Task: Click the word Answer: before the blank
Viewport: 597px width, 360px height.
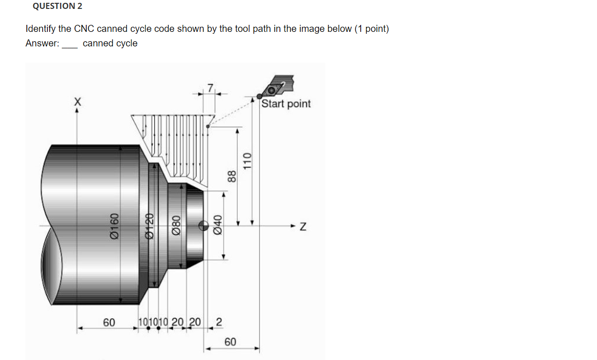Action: [42, 43]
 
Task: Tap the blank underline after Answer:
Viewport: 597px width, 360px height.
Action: [69, 45]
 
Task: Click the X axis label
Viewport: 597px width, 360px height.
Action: [77, 101]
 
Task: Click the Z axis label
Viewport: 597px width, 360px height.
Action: [303, 227]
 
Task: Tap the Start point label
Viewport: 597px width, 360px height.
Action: [286, 104]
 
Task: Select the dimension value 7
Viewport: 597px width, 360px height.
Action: [211, 87]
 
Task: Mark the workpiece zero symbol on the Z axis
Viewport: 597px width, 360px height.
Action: [204, 225]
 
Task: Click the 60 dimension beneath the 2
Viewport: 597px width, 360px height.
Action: [230, 342]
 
